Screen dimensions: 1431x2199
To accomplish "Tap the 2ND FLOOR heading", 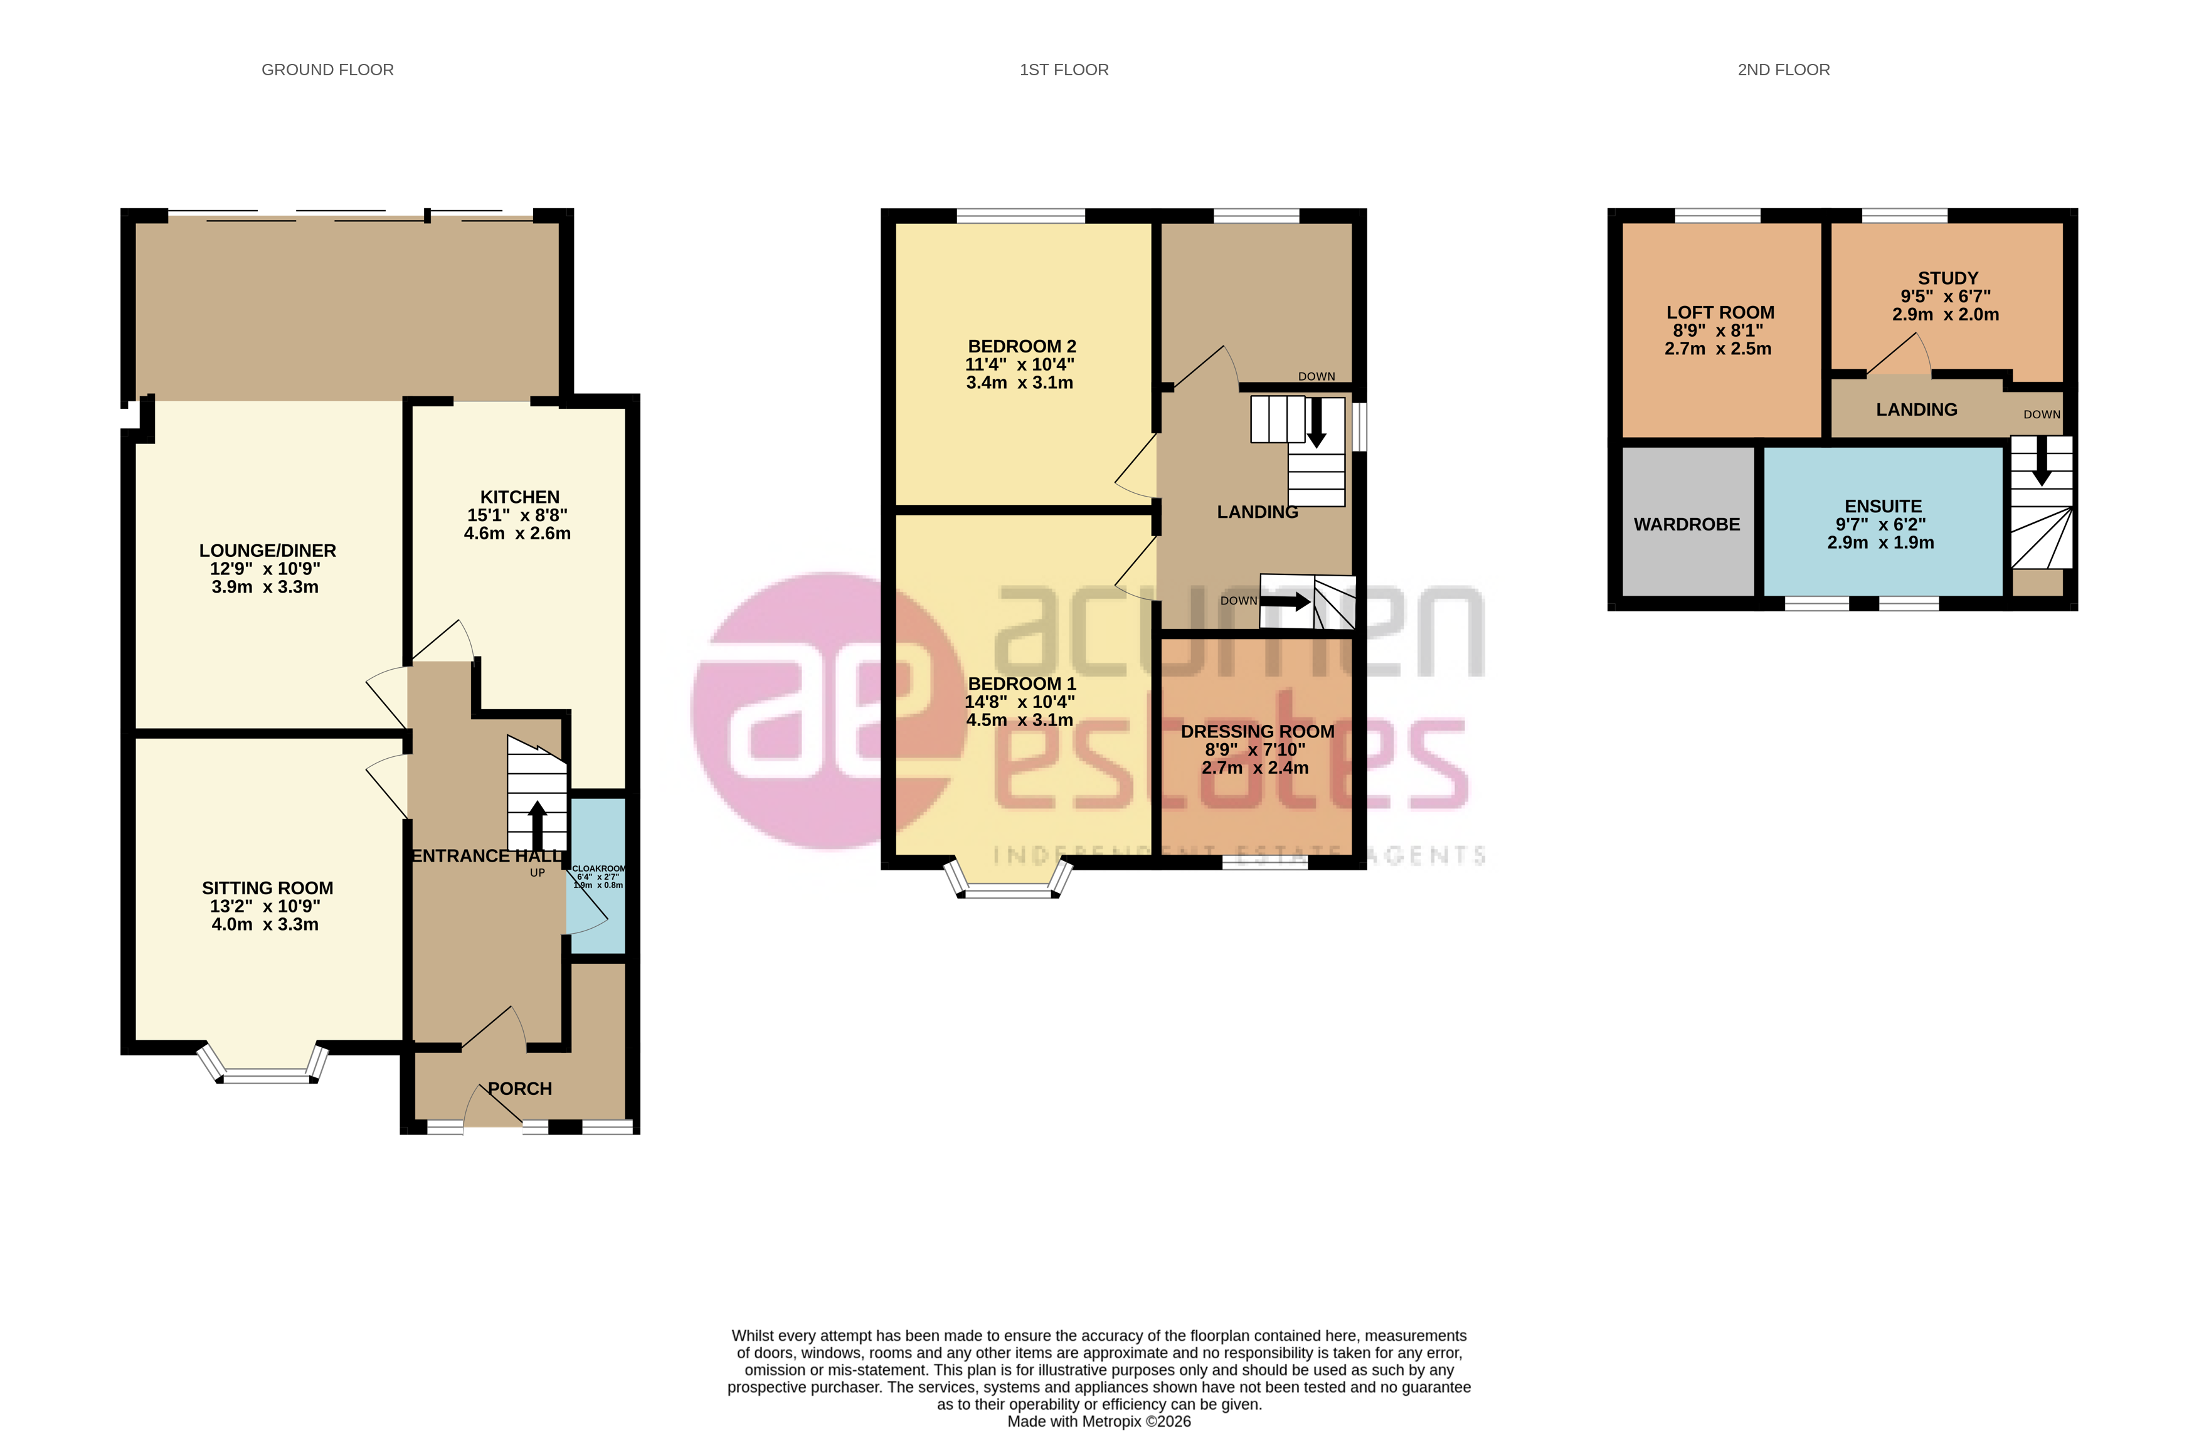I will coord(1783,70).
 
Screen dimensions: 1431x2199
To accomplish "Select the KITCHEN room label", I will coord(519,497).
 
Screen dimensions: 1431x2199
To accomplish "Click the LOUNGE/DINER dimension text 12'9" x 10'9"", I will coord(265,569).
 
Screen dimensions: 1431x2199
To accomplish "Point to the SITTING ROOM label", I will coord(267,888).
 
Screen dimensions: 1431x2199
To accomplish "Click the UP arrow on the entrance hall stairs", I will coord(537,822).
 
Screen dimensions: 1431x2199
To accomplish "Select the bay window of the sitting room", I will coord(266,1072).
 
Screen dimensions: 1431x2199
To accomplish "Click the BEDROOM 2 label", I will coord(1021,346).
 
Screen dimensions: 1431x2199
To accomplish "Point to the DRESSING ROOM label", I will coord(1256,732).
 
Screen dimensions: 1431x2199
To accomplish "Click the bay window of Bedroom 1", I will coord(1007,888).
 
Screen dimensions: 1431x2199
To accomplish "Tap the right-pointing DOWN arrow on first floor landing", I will coord(1286,601).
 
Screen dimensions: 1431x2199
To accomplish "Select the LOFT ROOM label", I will coord(1719,312).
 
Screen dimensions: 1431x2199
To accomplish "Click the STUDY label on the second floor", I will coord(1947,278).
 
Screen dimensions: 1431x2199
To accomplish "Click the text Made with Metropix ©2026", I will coord(1099,1421).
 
